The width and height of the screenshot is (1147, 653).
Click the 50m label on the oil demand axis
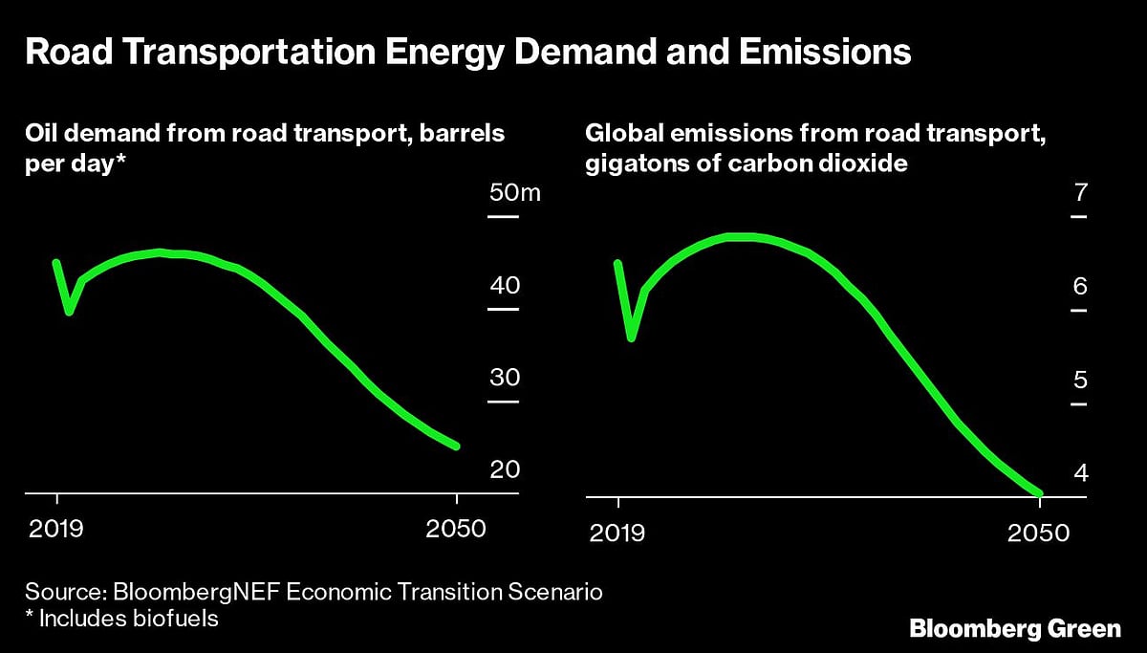pos(514,194)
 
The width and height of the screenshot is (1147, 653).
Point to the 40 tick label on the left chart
pos(504,286)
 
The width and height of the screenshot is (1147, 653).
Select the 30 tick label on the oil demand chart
pos(504,378)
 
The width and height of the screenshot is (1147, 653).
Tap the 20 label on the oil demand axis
pos(504,470)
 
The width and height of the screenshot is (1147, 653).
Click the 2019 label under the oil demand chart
pos(56,530)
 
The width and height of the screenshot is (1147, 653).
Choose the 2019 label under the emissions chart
pos(618,532)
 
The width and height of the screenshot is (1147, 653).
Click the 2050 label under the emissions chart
pos(1038,532)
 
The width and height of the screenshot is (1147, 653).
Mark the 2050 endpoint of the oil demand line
pos(456,446)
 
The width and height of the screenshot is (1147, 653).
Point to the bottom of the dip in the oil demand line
pos(69,311)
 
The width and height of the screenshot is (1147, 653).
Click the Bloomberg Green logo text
pos(1014,629)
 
